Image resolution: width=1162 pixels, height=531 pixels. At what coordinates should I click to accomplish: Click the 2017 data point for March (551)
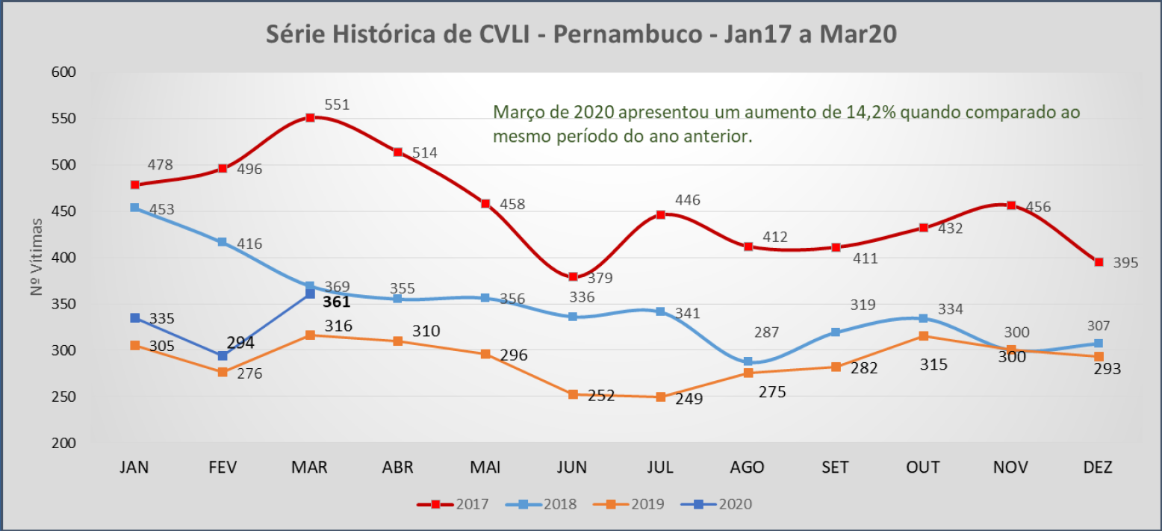click(310, 117)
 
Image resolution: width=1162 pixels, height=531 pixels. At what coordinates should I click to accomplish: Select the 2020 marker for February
click(223, 355)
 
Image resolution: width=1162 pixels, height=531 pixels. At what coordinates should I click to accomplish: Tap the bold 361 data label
click(337, 302)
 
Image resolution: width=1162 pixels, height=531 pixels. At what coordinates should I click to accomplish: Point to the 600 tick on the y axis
click(64, 72)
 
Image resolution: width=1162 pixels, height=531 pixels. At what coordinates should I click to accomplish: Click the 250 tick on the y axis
click(64, 397)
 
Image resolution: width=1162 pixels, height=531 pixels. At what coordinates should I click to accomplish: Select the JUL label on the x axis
click(660, 468)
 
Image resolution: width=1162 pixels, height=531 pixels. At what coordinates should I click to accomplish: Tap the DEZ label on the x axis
click(1098, 468)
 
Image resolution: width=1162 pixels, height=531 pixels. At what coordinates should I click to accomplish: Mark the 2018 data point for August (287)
click(748, 361)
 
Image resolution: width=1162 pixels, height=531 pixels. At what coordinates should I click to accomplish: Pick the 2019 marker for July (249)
click(660, 397)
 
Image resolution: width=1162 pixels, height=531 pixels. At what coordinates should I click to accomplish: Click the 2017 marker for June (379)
click(573, 277)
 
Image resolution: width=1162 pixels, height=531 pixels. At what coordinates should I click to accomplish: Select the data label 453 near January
click(161, 210)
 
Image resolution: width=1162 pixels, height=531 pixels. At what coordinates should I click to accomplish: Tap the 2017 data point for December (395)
click(1099, 262)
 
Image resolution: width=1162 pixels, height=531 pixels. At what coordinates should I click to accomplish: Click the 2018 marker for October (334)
click(923, 318)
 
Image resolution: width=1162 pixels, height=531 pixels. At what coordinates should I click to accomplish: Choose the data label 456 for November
click(1038, 207)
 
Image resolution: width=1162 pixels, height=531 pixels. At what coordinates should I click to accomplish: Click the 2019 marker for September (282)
click(836, 367)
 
